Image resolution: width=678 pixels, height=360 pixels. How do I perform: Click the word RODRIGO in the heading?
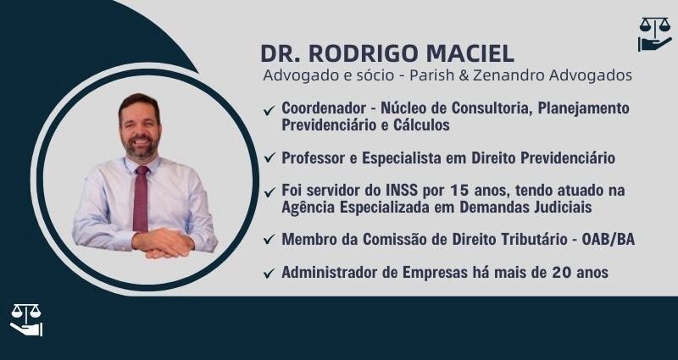tap(364, 53)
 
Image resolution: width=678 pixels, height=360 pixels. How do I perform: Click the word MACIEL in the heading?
tap(470, 53)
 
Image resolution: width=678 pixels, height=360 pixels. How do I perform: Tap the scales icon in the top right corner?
tap(654, 34)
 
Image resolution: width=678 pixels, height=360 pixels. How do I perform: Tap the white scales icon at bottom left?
tap(26, 320)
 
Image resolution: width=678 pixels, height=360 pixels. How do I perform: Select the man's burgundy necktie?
tap(141, 199)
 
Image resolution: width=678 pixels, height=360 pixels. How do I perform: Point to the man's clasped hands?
tap(163, 243)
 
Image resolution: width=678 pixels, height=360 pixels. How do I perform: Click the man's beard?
tap(140, 147)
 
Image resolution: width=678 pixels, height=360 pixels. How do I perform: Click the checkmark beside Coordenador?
tap(270, 111)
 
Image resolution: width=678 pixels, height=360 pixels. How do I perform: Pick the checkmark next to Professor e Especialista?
tap(270, 158)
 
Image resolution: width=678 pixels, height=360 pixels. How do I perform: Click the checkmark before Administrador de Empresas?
tap(270, 273)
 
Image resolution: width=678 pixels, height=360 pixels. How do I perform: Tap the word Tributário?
tap(526, 240)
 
